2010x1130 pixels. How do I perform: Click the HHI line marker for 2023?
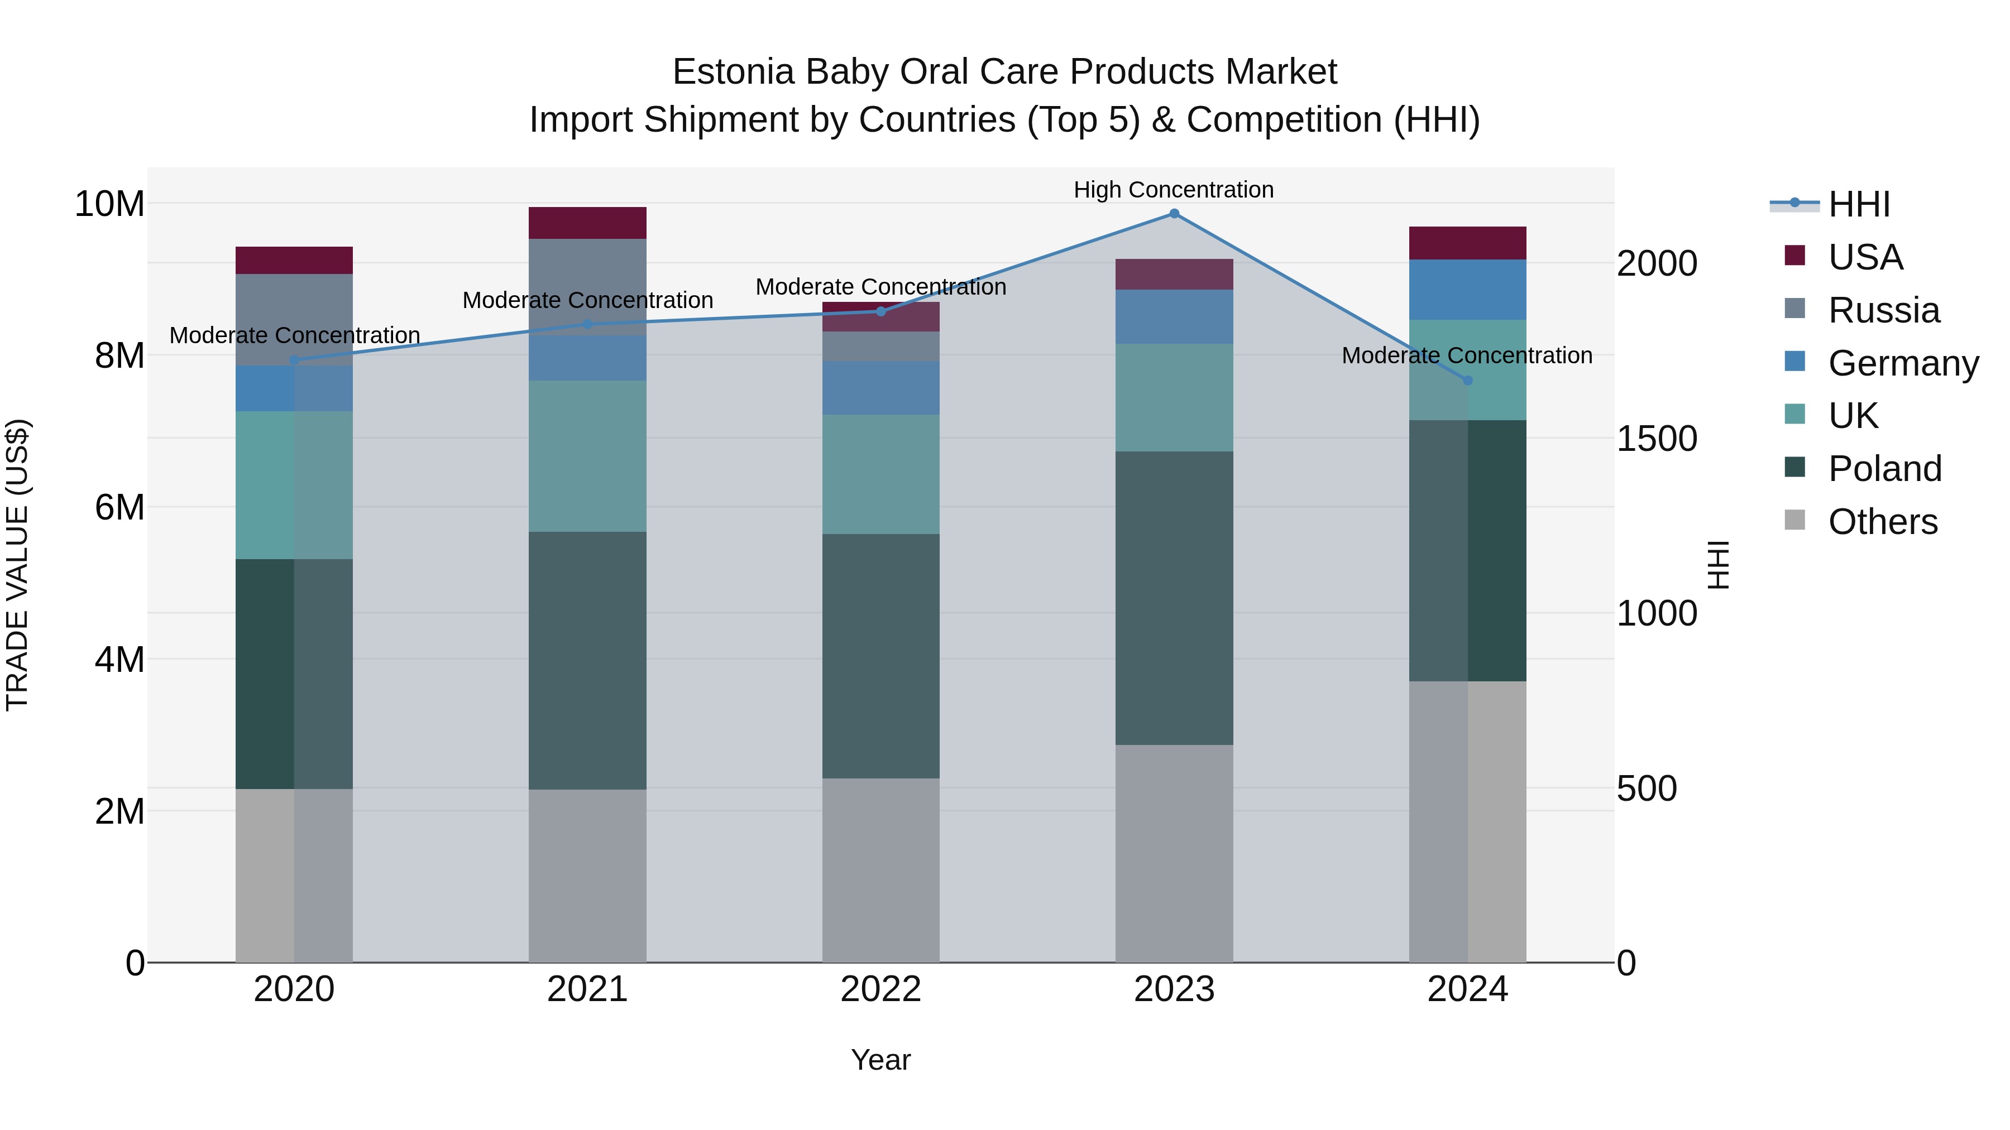pos(1174,214)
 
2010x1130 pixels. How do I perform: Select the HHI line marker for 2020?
pos(294,360)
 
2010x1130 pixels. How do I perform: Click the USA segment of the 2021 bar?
pos(587,223)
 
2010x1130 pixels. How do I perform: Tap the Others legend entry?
pos(1882,522)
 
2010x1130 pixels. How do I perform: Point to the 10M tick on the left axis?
pos(109,204)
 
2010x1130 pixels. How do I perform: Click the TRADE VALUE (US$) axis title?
pos(17,565)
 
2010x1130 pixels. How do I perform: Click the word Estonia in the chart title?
pos(734,72)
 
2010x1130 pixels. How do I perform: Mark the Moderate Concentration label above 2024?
pos(1466,355)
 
